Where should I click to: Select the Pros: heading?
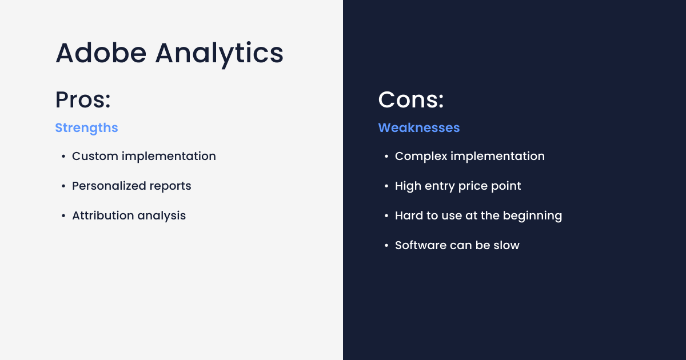pos(83,100)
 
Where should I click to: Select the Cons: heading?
pos(411,100)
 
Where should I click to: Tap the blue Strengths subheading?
pos(86,128)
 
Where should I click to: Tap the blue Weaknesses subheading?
pos(418,128)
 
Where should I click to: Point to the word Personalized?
pos(107,186)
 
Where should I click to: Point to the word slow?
pos(507,245)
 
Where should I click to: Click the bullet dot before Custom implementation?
pos(63,157)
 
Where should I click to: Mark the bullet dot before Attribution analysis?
pos(63,216)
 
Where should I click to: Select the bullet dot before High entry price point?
pos(386,186)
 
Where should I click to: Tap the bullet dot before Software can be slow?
pos(386,246)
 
